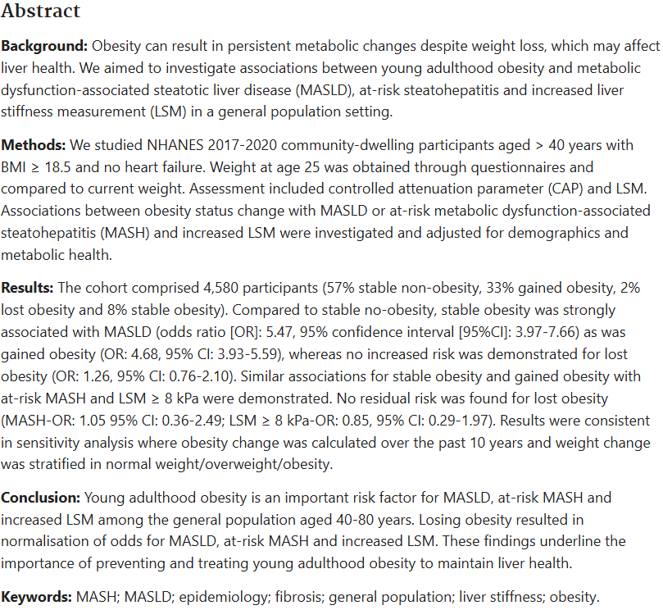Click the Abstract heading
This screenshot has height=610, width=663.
(41, 11)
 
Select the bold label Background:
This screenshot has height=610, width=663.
(44, 46)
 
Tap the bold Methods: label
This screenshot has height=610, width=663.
(33, 145)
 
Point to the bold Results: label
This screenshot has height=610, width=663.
(27, 288)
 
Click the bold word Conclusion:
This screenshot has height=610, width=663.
(40, 498)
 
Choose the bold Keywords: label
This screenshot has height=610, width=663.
(36, 597)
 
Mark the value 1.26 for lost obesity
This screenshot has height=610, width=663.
(94, 376)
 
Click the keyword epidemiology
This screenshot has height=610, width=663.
(225, 597)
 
